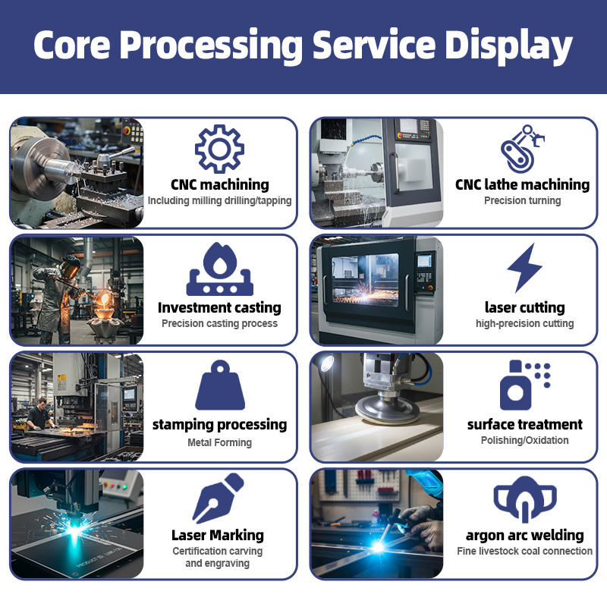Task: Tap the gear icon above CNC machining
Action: click(x=219, y=149)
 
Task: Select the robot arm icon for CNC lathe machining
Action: click(x=524, y=149)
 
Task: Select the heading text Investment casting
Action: click(x=219, y=307)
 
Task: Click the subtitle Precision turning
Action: click(x=523, y=201)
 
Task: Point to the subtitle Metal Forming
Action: click(x=219, y=442)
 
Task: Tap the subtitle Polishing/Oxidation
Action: click(x=524, y=440)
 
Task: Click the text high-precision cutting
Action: click(x=524, y=323)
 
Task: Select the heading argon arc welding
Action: click(x=524, y=535)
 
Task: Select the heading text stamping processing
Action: click(x=219, y=424)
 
